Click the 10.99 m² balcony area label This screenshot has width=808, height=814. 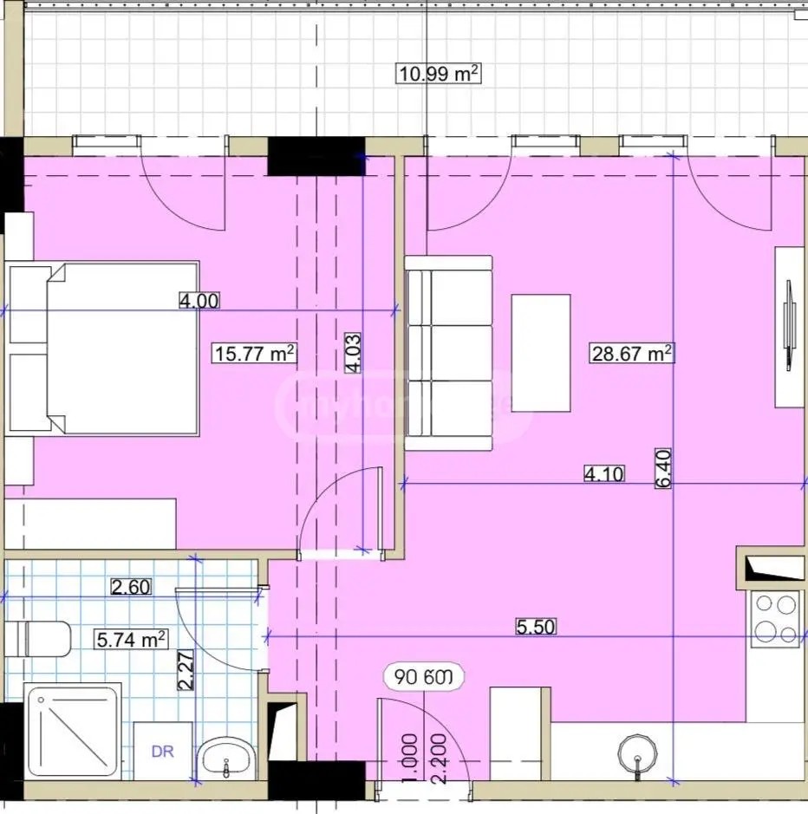coord(438,74)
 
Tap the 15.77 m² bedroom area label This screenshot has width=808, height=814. coord(255,353)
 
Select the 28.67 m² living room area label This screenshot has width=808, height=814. coord(632,353)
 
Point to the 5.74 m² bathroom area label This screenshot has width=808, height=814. coord(130,640)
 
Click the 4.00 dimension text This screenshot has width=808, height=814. coord(199,301)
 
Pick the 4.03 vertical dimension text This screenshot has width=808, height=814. coord(352,354)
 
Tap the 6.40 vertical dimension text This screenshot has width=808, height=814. coord(664,469)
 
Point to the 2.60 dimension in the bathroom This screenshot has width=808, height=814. coord(131,587)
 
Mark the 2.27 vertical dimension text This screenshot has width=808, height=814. coord(185,671)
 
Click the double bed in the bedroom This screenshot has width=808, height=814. coord(104,348)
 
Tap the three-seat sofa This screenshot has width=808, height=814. coord(448,353)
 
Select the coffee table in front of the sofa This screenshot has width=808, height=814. coord(541,353)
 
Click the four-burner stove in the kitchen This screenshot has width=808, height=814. coord(776,619)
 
